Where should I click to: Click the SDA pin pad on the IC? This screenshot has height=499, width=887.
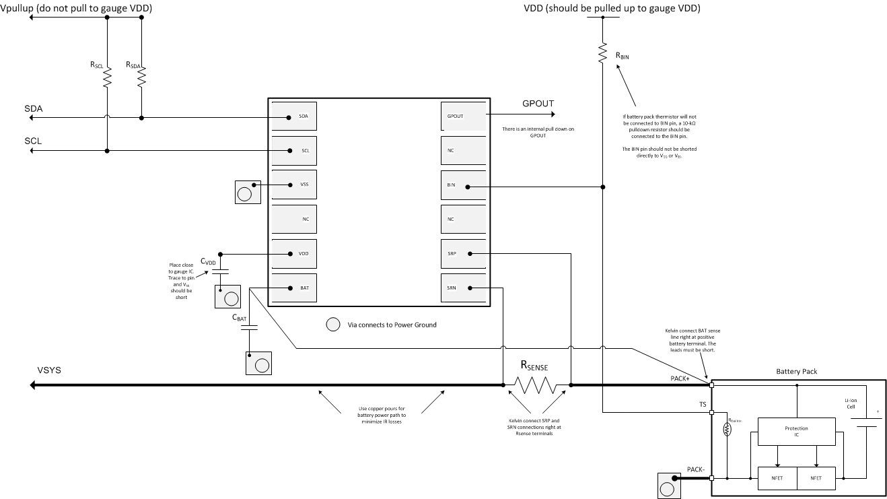click(293, 117)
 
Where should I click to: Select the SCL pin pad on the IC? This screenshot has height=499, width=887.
click(293, 151)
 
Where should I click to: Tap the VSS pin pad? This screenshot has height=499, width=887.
click(293, 185)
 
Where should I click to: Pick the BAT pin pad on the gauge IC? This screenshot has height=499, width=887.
click(293, 288)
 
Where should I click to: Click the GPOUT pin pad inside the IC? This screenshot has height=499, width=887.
click(463, 117)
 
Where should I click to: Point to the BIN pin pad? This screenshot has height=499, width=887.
click(463, 185)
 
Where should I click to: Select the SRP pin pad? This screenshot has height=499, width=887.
click(463, 254)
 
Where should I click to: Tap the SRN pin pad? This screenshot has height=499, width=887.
click(463, 288)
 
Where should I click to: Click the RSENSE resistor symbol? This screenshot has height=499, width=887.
click(537, 385)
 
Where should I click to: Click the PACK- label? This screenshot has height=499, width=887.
click(696, 469)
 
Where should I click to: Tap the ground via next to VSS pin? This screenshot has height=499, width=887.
click(245, 193)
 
